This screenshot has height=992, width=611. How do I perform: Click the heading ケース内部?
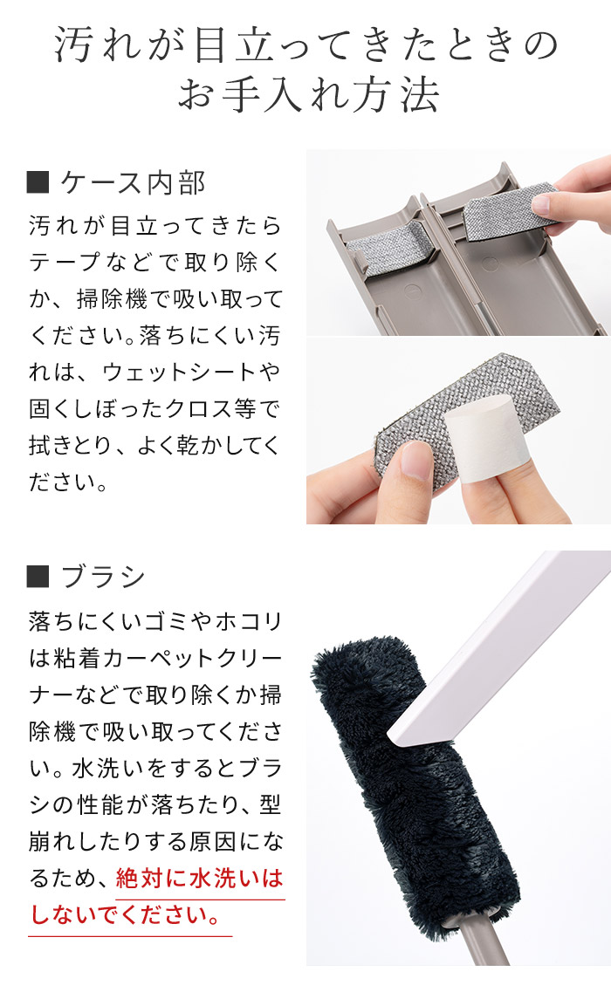coord(133,183)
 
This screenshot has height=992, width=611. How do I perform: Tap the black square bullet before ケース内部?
coord(38,183)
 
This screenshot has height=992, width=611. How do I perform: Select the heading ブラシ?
coord(103,577)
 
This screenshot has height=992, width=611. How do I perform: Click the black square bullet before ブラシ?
coord(38,577)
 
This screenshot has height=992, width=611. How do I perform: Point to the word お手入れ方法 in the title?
coord(308,95)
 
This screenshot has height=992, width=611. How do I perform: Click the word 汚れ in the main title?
coord(98,45)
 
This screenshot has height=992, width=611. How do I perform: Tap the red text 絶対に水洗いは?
coord(199,878)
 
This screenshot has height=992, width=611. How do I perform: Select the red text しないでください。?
coord(126,915)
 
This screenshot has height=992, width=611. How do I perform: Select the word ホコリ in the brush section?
coord(248,621)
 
